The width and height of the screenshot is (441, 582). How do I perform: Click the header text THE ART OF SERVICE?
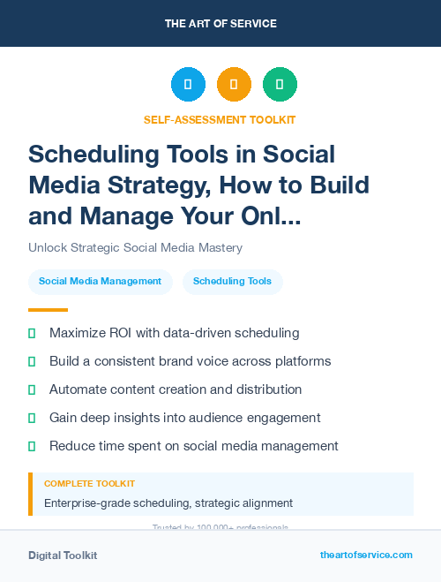pyautogui.click(x=220, y=23)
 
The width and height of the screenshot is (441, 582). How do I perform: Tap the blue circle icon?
pyautogui.click(x=188, y=85)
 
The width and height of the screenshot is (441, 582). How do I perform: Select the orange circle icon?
pyautogui.click(x=234, y=85)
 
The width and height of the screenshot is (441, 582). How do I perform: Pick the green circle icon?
pyautogui.click(x=280, y=85)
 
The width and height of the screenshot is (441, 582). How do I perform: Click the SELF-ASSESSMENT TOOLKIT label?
pyautogui.click(x=220, y=119)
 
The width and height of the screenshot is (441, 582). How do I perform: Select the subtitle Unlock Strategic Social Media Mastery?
pyautogui.click(x=135, y=248)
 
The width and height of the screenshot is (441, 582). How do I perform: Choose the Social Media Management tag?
pyautogui.click(x=100, y=282)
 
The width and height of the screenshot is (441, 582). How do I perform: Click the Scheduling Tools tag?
pyautogui.click(x=233, y=282)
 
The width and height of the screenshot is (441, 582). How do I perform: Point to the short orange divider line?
pyautogui.click(x=48, y=310)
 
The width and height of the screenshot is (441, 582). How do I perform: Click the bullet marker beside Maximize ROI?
pyautogui.click(x=33, y=334)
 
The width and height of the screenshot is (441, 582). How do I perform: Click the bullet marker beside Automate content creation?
pyautogui.click(x=33, y=390)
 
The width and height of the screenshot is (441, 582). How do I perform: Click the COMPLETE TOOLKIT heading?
pyautogui.click(x=89, y=484)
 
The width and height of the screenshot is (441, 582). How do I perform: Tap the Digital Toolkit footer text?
pyautogui.click(x=63, y=556)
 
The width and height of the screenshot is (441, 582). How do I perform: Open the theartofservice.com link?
pyautogui.click(x=366, y=555)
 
